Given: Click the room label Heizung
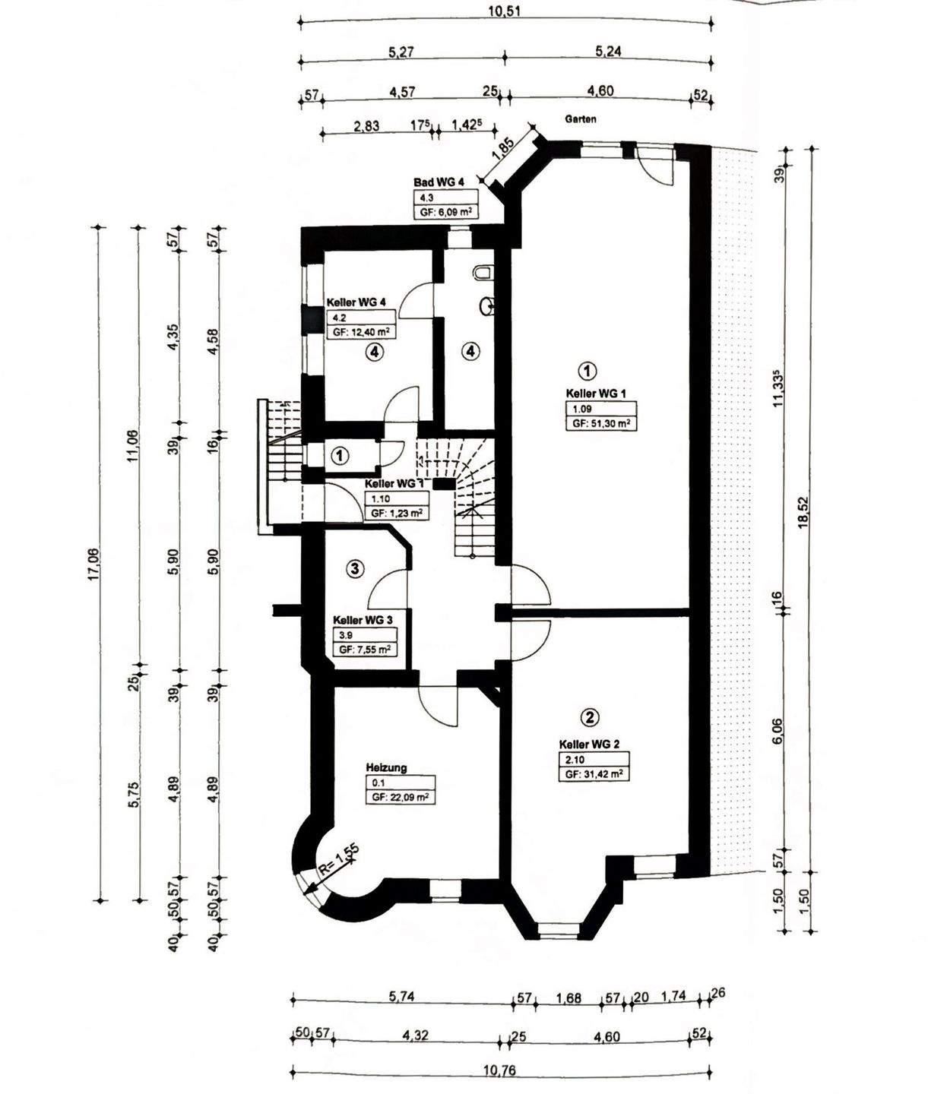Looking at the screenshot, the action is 386,767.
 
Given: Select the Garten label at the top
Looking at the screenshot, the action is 580,119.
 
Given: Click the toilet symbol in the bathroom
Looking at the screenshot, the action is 483,273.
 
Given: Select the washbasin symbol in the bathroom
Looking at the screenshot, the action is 489,306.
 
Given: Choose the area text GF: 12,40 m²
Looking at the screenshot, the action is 360,331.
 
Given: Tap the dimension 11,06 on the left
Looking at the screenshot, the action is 133,446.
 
